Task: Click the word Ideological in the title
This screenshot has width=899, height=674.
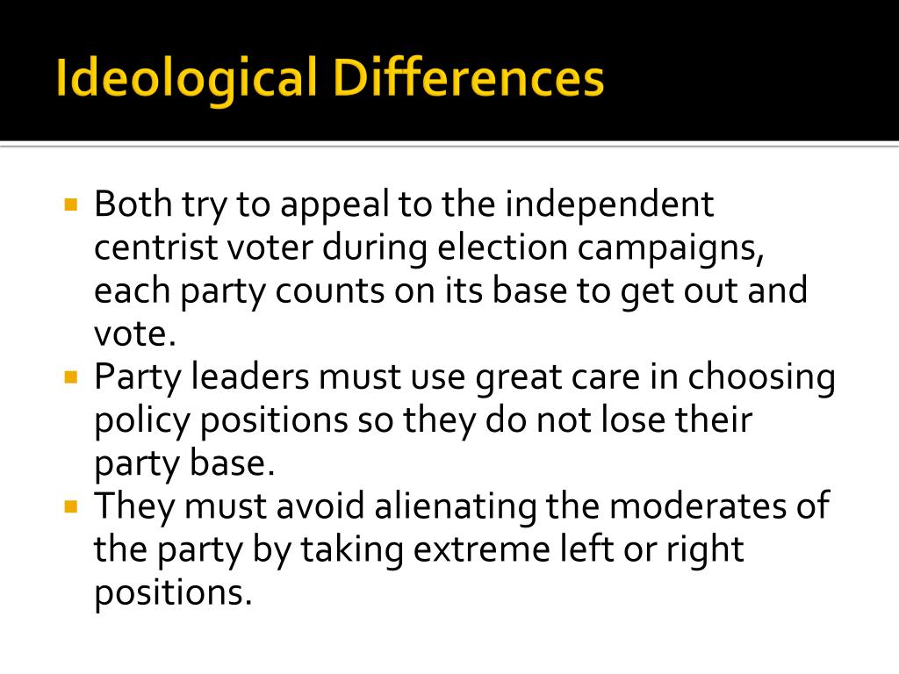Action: point(184,80)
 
